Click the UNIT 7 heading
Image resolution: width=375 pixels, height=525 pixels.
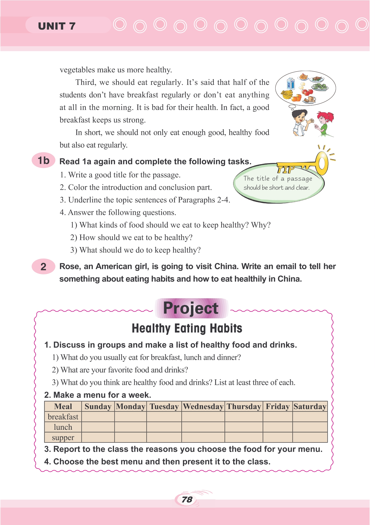(57, 26)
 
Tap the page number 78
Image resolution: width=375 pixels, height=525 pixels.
(187, 499)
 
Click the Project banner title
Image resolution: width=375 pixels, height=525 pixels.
(191, 308)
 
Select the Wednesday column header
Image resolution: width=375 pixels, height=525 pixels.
(203, 407)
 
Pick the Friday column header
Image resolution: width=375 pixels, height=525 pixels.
(277, 407)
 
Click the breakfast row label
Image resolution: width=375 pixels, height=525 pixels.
(63, 417)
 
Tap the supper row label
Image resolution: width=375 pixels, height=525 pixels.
(63, 438)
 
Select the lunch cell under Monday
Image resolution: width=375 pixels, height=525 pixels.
(130, 427)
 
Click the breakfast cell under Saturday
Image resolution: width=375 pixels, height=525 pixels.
(310, 417)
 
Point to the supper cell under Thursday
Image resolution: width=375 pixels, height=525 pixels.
(244, 438)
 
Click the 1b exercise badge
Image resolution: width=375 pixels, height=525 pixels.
(43, 161)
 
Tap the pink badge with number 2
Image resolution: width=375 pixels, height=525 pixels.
(43, 267)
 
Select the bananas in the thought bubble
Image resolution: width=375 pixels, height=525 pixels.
(287, 95)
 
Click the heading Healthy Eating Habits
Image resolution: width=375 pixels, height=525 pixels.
(187, 328)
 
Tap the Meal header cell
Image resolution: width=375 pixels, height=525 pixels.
(63, 407)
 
